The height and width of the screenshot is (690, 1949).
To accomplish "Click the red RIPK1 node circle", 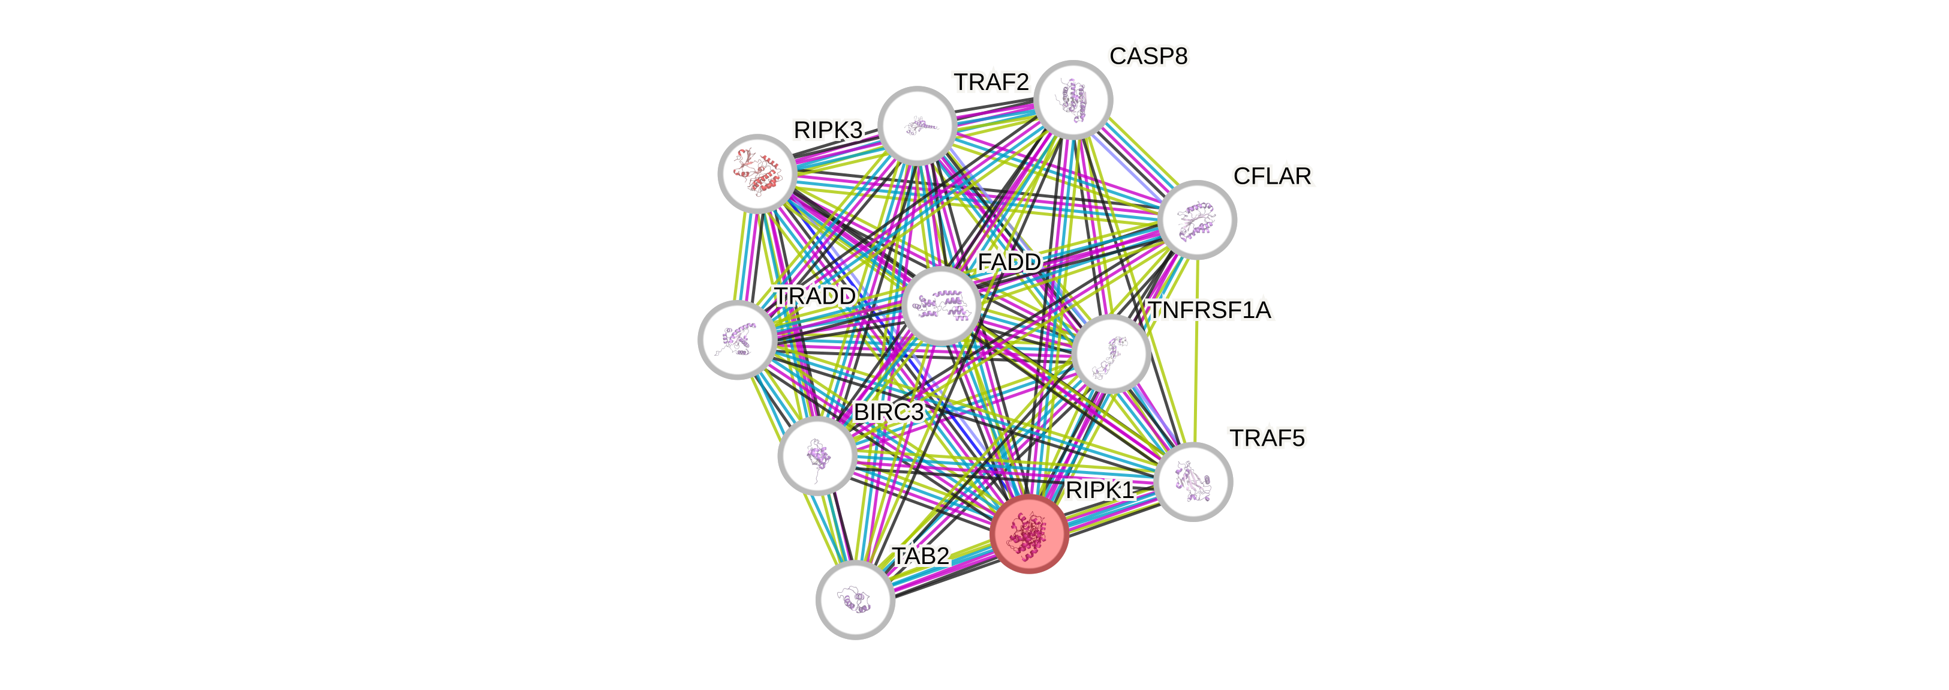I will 1028,533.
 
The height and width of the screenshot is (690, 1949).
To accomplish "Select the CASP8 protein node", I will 1073,100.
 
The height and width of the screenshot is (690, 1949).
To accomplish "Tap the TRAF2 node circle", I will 917,125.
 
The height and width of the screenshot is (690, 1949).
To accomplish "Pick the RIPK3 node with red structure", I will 757,173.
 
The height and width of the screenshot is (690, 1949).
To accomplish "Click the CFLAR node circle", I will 1197,220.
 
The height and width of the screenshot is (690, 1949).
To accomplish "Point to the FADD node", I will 941,305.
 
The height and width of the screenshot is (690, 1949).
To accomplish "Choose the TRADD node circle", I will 736,339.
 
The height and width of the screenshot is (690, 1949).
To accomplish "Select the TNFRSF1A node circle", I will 1111,353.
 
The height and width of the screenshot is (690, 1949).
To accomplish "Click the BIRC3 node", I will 817,455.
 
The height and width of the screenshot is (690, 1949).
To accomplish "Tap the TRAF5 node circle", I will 1194,481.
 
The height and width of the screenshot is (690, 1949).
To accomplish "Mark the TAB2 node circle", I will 855,600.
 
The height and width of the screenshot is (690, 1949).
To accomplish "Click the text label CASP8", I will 1148,56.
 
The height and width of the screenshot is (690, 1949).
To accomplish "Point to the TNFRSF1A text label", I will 1209,310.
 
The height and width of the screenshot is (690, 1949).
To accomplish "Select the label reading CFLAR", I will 1272,176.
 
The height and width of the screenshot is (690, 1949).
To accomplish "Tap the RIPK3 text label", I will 827,130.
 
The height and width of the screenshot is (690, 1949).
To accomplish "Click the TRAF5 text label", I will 1267,438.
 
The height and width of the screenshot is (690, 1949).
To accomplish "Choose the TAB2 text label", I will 920,556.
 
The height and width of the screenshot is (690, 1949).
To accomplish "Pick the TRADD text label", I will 814,296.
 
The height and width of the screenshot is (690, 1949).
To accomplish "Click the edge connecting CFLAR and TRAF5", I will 1195,348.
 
